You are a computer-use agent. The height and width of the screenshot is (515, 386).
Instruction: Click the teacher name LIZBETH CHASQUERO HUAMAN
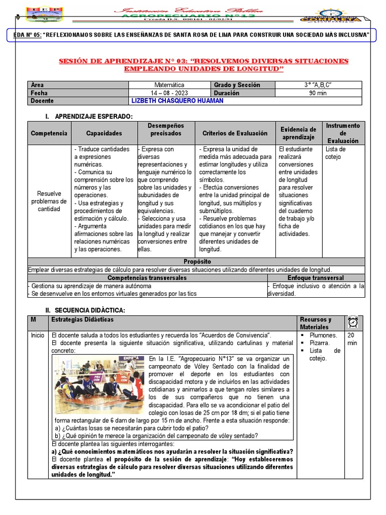pos(177,101)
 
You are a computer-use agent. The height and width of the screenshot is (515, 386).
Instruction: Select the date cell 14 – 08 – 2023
pos(170,93)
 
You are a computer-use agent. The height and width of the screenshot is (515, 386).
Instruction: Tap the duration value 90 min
pos(318,93)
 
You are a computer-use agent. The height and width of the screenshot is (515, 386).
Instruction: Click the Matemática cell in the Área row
pos(170,85)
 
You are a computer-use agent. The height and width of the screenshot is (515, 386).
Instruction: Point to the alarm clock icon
pos(353,322)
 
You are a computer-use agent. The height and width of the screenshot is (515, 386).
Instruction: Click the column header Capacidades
pos(104,133)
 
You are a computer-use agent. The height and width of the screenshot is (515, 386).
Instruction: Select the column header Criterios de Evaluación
pos(235,133)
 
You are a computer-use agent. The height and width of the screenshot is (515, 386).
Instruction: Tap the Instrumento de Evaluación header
pos(343,133)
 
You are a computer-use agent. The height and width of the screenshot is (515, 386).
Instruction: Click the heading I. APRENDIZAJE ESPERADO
pos(89,117)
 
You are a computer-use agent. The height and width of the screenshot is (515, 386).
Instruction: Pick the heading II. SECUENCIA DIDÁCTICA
pos(85,310)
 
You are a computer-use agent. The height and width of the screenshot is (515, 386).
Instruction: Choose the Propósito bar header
pos(197,262)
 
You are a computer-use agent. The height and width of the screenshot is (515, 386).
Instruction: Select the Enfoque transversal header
pos(315,278)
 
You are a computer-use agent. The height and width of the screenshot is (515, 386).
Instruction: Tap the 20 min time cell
pos(353,338)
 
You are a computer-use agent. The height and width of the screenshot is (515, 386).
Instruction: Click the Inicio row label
pos(37,335)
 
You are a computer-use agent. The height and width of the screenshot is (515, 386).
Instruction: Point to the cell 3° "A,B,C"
pos(318,85)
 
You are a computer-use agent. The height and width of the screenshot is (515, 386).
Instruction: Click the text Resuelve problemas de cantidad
pos(49,201)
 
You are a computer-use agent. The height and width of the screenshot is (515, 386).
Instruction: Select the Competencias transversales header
pos(147,278)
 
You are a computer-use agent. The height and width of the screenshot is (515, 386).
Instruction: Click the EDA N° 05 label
pos(26,34)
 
